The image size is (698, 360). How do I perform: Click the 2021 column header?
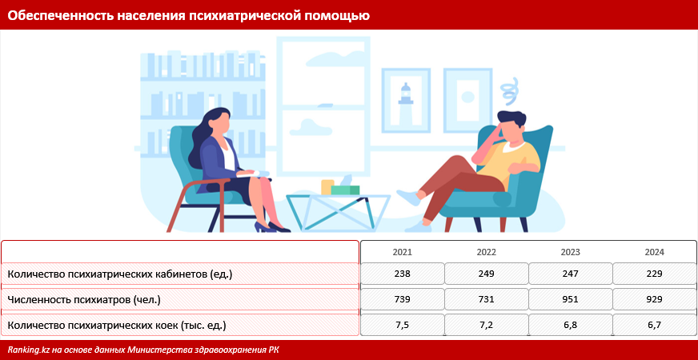click(x=402, y=252)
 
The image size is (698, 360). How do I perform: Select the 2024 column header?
click(x=654, y=252)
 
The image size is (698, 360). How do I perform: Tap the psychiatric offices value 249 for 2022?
click(x=486, y=274)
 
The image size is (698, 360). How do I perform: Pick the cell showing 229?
click(x=654, y=274)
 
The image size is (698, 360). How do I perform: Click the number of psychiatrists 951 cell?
click(x=570, y=300)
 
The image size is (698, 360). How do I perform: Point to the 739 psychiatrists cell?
click(x=402, y=300)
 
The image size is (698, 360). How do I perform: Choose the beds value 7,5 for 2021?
click(x=402, y=326)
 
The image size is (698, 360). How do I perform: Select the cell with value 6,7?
click(x=654, y=326)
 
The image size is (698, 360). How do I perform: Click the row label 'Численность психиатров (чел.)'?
click(x=84, y=300)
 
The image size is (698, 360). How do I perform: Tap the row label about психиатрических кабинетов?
click(x=119, y=274)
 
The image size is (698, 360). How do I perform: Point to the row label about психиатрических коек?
click(x=116, y=326)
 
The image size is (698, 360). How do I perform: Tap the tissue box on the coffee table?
click(x=346, y=188)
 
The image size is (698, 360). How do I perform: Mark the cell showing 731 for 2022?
click(x=486, y=300)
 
